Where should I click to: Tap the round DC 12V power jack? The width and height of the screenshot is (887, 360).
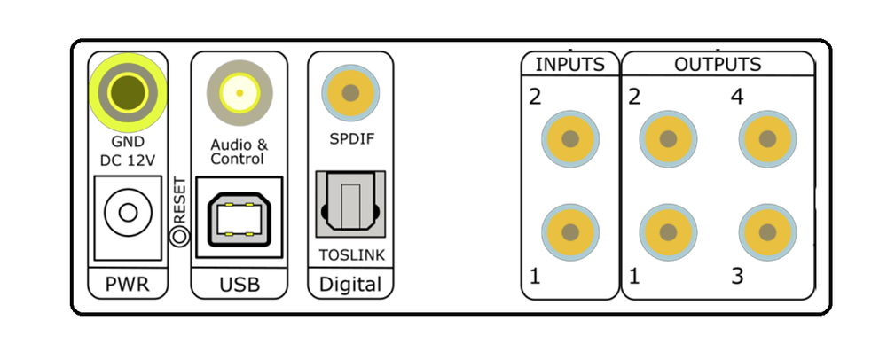click(x=125, y=213)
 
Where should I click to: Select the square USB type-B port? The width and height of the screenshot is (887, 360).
click(x=237, y=216)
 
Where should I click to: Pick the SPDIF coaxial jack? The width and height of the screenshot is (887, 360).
click(x=350, y=91)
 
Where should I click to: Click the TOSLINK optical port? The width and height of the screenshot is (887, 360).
click(x=350, y=207)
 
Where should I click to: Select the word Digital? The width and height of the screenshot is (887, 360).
click(x=350, y=286)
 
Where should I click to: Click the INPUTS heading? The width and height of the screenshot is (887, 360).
click(x=569, y=65)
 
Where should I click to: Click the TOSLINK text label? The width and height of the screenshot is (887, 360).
click(x=350, y=256)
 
